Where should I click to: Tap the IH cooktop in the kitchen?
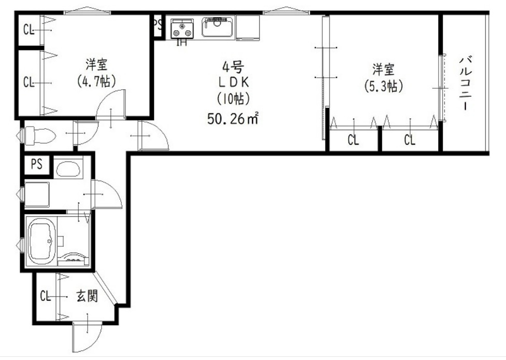(x=182, y=29)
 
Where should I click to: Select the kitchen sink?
(x=218, y=27)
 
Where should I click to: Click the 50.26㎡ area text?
(x=233, y=118)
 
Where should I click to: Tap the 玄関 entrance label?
(x=87, y=296)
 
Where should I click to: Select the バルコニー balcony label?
(x=466, y=83)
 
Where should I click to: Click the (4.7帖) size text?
(x=96, y=81)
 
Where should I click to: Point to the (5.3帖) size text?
(x=383, y=86)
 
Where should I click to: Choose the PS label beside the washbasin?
(x=37, y=164)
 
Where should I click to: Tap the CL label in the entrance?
(x=46, y=296)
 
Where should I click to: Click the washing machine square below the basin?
(x=37, y=195)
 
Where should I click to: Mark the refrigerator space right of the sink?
(x=248, y=27)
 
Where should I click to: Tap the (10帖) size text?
(x=233, y=99)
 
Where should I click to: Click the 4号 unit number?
(x=233, y=67)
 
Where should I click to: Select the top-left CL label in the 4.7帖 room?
(x=29, y=30)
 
